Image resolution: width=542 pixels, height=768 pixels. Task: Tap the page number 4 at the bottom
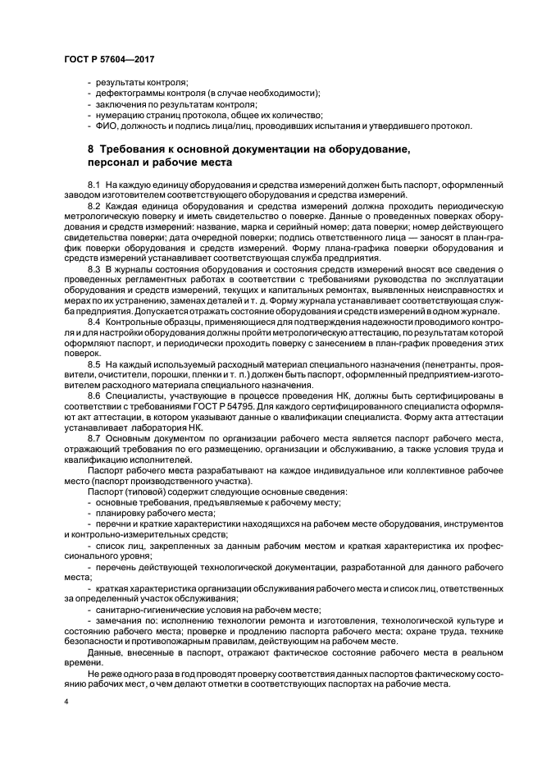pyautogui.click(x=66, y=702)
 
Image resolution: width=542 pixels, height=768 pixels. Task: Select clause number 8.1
pyautogui.click(x=93, y=185)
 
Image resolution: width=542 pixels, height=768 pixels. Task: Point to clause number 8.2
pyautogui.click(x=93, y=204)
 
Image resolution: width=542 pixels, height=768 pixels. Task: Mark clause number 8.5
pyautogui.click(x=93, y=363)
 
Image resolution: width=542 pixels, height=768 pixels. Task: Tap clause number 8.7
pyautogui.click(x=93, y=437)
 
